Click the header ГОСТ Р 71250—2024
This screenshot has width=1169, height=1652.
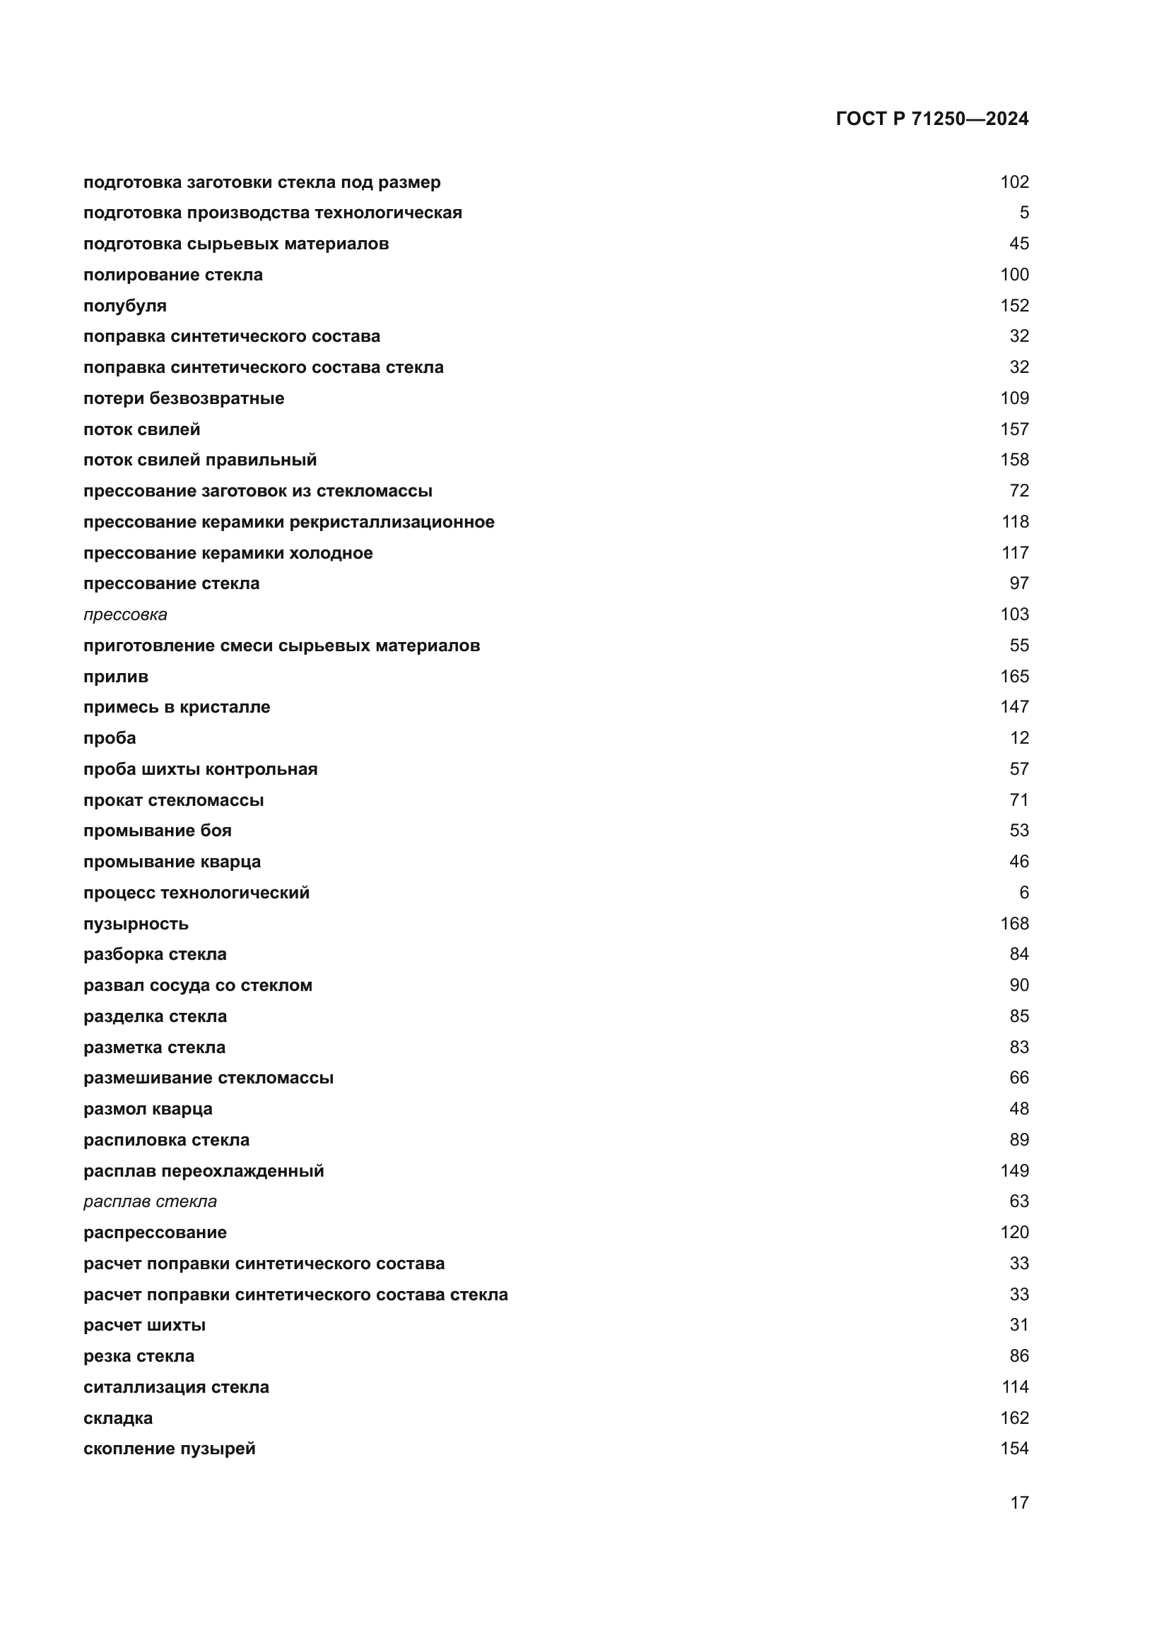(932, 119)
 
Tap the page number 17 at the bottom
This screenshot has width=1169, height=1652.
(1018, 1502)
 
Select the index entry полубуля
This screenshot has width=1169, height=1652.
(124, 306)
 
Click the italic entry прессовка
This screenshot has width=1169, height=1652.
(124, 614)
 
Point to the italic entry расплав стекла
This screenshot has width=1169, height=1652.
(150, 1201)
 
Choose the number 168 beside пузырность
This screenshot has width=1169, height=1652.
(1014, 924)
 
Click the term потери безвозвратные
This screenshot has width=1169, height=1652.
(184, 398)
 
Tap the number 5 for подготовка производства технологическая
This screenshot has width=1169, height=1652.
(1023, 213)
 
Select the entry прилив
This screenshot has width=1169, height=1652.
(115, 677)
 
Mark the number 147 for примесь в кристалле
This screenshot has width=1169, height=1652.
(1014, 707)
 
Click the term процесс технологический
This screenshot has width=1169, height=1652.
(196, 893)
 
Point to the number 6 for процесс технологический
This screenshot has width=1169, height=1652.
(1023, 893)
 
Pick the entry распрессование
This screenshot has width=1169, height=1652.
(155, 1232)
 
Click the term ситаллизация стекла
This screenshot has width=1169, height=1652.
(176, 1387)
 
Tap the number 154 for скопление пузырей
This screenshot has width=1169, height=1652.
(1014, 1449)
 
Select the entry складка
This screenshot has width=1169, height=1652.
(118, 1418)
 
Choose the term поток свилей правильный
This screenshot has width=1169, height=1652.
(199, 460)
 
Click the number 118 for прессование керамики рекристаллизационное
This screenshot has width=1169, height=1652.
(1014, 522)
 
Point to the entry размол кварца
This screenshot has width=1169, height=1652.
(148, 1109)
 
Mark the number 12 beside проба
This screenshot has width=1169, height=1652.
(1018, 738)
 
